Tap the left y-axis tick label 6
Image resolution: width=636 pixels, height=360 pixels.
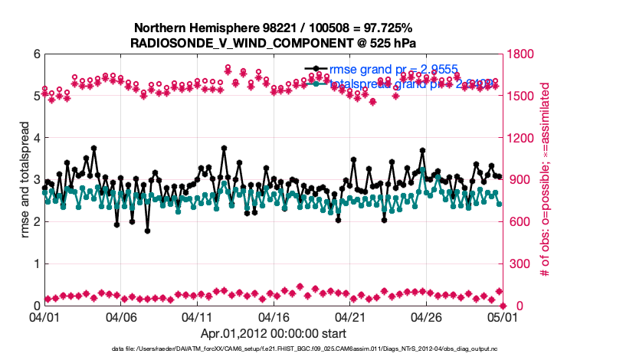coord(36,55)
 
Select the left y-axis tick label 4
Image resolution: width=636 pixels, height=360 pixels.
coord(36,139)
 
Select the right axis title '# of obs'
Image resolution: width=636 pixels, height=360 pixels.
coord(546,180)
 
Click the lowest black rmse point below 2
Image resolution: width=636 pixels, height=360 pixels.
coord(147,231)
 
